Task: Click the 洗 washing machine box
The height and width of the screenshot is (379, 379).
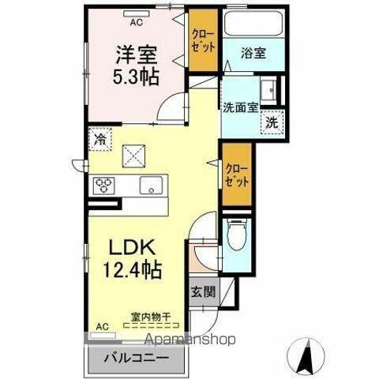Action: tap(272, 122)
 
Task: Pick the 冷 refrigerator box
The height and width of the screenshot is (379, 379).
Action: tap(101, 139)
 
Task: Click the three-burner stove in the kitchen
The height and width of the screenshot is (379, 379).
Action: tap(105, 186)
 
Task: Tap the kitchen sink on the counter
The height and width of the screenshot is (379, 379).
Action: tap(152, 186)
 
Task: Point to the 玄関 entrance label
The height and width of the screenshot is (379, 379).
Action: tap(200, 291)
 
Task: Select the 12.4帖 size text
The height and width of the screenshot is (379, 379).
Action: tap(130, 270)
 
